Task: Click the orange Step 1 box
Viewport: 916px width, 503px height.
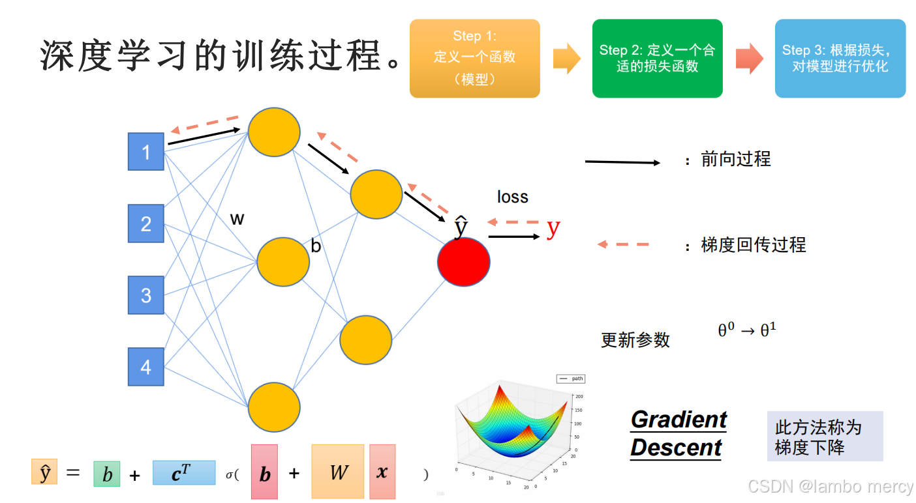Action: pyautogui.click(x=474, y=58)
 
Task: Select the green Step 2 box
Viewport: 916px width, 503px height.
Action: pyautogui.click(x=657, y=58)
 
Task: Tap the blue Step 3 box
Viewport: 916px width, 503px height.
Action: pyautogui.click(x=840, y=58)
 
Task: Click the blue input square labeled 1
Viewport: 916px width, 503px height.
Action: pyautogui.click(x=145, y=152)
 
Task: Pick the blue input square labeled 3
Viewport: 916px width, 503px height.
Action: pyautogui.click(x=145, y=295)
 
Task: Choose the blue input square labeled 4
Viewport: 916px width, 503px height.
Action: pyautogui.click(x=145, y=367)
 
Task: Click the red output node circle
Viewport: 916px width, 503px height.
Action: pyautogui.click(x=463, y=261)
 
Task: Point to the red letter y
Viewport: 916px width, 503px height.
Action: pyautogui.click(x=553, y=227)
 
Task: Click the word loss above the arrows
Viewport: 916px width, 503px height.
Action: pyautogui.click(x=512, y=197)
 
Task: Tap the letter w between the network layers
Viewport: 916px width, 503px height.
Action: pyautogui.click(x=237, y=219)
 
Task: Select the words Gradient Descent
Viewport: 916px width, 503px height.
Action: pyautogui.click(x=678, y=433)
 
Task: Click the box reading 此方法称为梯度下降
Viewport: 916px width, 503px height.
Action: pyautogui.click(x=825, y=437)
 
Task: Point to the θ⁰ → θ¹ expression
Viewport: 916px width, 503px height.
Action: pyautogui.click(x=746, y=330)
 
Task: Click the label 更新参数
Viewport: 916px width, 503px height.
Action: pyautogui.click(x=635, y=340)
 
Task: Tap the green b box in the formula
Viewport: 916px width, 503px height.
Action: pyautogui.click(x=107, y=474)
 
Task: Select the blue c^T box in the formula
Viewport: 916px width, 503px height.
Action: pyautogui.click(x=183, y=473)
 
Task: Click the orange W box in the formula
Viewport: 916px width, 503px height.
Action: pyautogui.click(x=337, y=472)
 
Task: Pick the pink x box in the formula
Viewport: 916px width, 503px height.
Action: pyautogui.click(x=382, y=472)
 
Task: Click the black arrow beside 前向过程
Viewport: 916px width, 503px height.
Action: pyautogui.click(x=623, y=162)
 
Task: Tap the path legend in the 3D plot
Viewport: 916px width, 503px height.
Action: pyautogui.click(x=571, y=379)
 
